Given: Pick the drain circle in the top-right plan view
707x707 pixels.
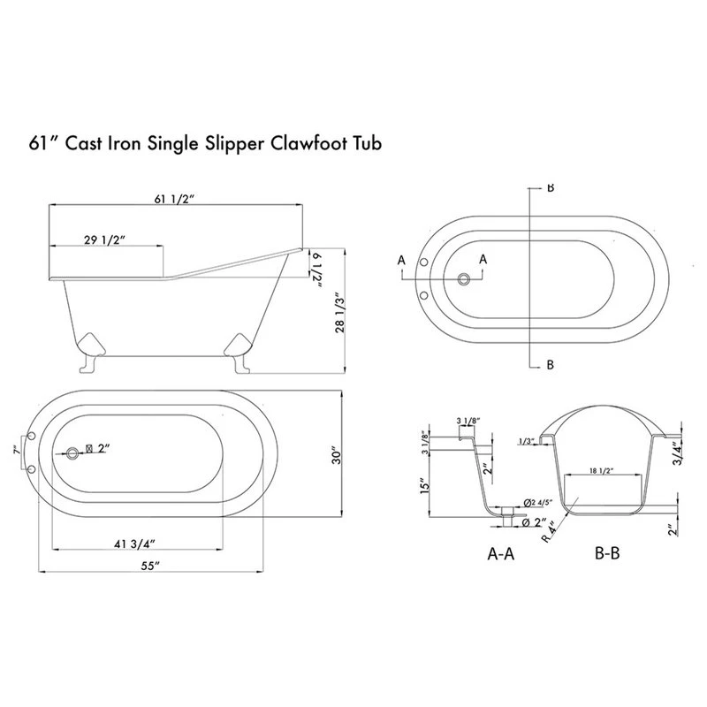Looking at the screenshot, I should pyautogui.click(x=462, y=279).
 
